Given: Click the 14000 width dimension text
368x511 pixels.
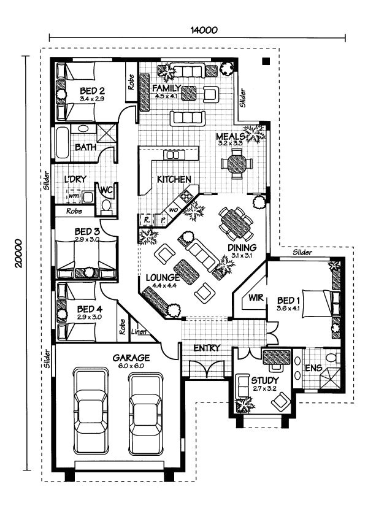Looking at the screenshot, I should point(204,29).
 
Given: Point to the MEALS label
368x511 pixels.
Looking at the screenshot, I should point(231,136).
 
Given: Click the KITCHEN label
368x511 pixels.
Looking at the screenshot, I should point(174,179).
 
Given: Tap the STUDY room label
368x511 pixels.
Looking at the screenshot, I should point(264,381).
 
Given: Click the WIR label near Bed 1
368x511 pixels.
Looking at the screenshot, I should point(256,298).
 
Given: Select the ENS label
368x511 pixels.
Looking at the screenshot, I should point(313,369).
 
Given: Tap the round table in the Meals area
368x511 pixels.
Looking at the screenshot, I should point(236,164).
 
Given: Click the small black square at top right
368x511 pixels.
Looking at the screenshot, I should point(266,61).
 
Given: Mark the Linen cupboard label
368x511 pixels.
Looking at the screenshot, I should point(139,333).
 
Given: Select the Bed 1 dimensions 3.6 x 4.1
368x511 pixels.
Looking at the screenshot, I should point(288,309).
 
